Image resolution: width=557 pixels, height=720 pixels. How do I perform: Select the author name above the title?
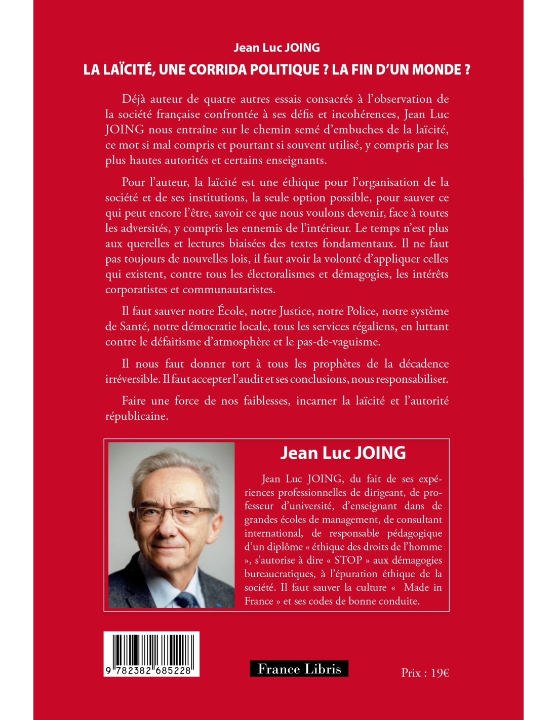click(x=276, y=48)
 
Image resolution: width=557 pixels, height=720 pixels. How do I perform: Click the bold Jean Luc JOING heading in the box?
click(x=343, y=453)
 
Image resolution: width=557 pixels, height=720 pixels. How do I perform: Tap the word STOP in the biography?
click(x=348, y=560)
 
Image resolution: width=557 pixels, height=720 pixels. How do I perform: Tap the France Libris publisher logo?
click(x=299, y=669)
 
